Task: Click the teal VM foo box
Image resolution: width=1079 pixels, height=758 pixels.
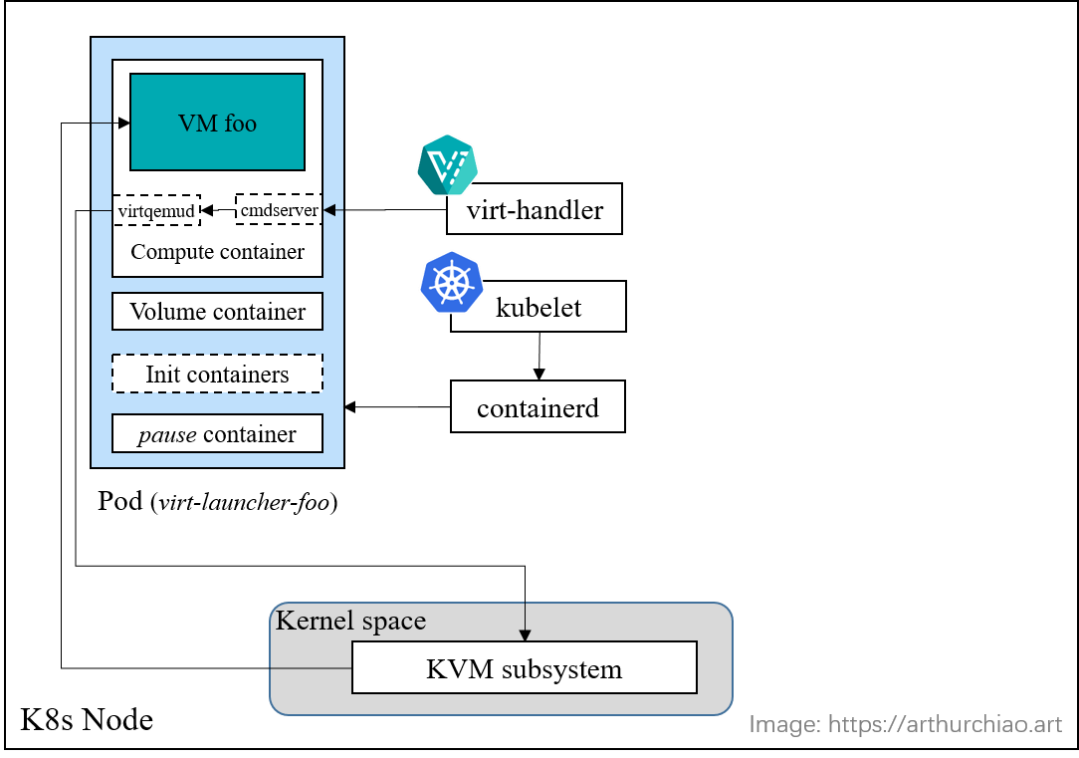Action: [x=217, y=122]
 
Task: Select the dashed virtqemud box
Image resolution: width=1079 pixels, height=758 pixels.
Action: [x=156, y=210]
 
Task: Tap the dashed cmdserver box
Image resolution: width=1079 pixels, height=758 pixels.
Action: [x=280, y=209]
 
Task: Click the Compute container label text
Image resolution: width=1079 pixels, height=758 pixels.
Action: [x=217, y=252]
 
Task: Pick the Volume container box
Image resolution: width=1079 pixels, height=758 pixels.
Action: [x=217, y=312]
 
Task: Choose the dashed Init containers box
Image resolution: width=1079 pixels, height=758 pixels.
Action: [x=217, y=375]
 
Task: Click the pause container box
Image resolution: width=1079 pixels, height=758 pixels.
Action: [x=217, y=434]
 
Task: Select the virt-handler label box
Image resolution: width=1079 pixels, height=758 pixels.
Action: [x=535, y=210]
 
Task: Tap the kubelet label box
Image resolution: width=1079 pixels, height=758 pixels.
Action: [x=539, y=307]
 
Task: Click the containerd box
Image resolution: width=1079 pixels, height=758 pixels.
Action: [x=538, y=407]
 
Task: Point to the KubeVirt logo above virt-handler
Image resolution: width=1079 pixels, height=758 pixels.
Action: [x=447, y=164]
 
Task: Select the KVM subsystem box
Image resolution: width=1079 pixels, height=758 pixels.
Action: [x=524, y=668]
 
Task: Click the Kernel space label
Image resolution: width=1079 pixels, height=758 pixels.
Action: [x=350, y=621]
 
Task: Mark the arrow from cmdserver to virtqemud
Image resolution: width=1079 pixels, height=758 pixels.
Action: [x=218, y=210]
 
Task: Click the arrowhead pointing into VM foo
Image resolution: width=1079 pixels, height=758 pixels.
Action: [x=123, y=123]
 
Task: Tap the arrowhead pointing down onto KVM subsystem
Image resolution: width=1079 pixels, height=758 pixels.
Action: [x=525, y=635]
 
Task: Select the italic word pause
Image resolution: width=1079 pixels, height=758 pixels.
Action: [x=167, y=434]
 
